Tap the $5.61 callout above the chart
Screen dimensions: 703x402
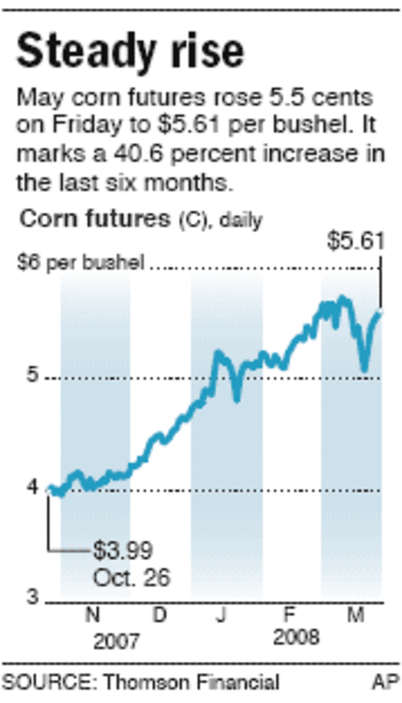tap(354, 241)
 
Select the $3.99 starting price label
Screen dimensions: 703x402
tap(123, 551)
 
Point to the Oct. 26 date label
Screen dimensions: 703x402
tap(132, 577)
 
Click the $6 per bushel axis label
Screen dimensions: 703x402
tap(80, 263)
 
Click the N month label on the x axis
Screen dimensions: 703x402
tap(93, 616)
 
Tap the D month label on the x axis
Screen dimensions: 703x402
tap(159, 616)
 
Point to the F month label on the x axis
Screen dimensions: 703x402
tap(289, 616)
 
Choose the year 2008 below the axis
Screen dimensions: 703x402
tap(296, 637)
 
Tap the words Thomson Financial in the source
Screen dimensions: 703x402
tap(191, 682)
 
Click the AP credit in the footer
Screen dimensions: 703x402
tap(385, 682)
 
